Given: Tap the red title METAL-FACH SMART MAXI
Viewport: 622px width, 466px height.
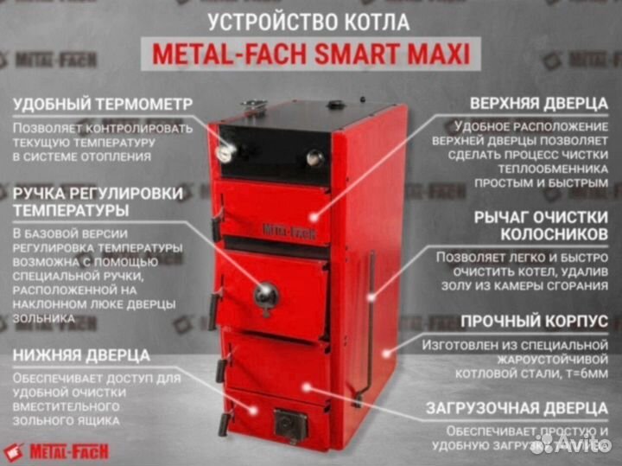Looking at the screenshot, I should click(x=311, y=54).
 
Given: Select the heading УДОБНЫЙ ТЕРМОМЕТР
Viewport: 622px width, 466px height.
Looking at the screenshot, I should click(x=103, y=104).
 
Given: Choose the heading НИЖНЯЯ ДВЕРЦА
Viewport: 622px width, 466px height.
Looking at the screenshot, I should click(x=82, y=355).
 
